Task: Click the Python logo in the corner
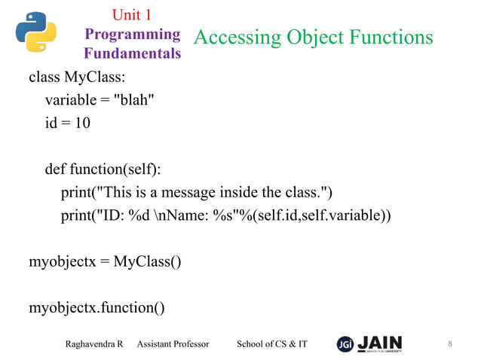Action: coord(36,32)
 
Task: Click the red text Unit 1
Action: coord(132,14)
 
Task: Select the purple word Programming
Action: coord(132,34)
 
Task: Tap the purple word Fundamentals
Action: coord(132,53)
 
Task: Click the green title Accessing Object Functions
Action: coord(314,37)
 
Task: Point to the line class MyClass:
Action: coord(72,78)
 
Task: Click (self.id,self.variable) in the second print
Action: coord(323,215)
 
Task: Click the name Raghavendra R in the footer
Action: coord(94,344)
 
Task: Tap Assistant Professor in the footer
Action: coord(173,344)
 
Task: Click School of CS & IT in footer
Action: coord(272,344)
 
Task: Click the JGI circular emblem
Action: coord(345,343)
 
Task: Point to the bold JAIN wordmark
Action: coord(380,342)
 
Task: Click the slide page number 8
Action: coord(450,344)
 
